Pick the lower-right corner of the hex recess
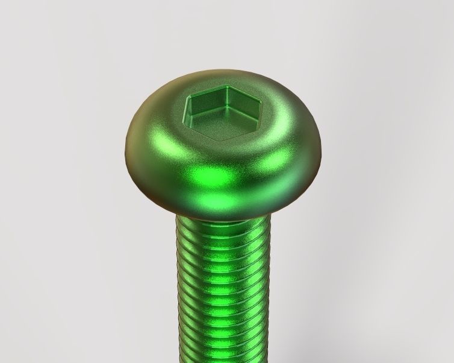coord(255,128)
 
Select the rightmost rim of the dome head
coord(322,145)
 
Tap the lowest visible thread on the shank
coord(223,356)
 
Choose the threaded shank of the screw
coord(223,289)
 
